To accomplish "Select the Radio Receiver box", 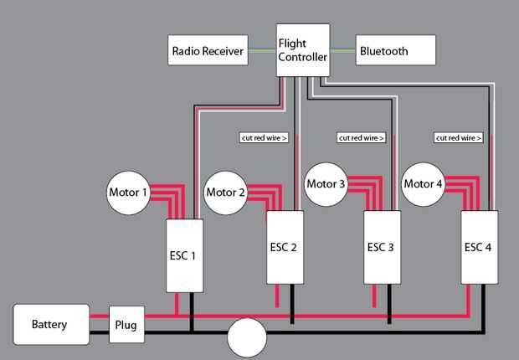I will (208, 50).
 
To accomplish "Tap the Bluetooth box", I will (395, 50).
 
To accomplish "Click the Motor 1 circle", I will (128, 193).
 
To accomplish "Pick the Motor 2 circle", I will (226, 193).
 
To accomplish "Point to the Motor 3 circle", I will (326, 184).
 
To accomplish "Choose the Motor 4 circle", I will (423, 184).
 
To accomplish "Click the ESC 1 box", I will (186, 255).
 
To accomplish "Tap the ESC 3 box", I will (383, 247).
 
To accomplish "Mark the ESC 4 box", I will (480, 247).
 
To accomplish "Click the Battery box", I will (50, 324).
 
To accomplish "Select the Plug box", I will (126, 324).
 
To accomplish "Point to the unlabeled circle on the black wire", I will (247, 337).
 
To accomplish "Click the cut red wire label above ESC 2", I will (264, 137).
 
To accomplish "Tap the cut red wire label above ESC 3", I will (361, 137).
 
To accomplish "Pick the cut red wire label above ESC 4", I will (459, 137).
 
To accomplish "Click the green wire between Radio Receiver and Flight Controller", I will (262, 50).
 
